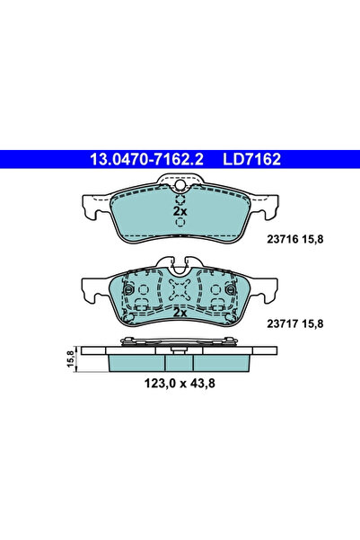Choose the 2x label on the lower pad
[x=180, y=314]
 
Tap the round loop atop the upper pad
[x=180, y=187]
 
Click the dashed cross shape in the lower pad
[x=180, y=291]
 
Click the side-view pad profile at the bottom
[x=180, y=359]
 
